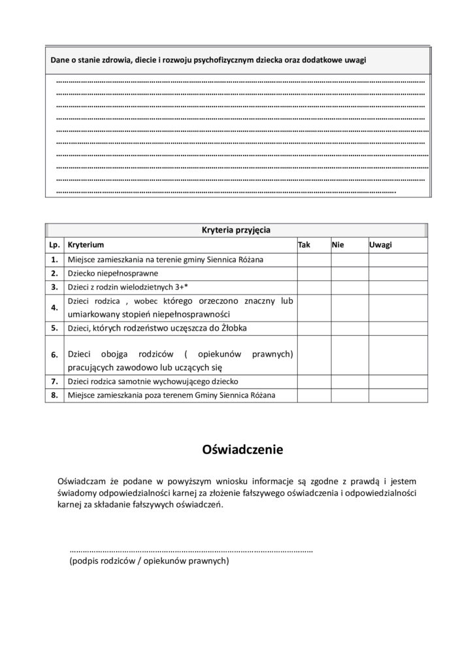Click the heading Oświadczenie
(236, 449)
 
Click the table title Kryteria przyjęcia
(236, 230)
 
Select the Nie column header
(338, 244)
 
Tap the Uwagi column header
(380, 244)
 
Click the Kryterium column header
(86, 244)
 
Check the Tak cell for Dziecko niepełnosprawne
(314, 273)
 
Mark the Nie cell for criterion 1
(349, 259)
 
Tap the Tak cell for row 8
(314, 395)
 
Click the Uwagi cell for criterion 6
(397, 354)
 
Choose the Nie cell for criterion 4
(349, 307)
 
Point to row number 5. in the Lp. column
(54, 328)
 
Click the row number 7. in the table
(54, 381)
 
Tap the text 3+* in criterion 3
(181, 286)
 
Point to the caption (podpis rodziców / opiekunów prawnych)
(149, 561)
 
